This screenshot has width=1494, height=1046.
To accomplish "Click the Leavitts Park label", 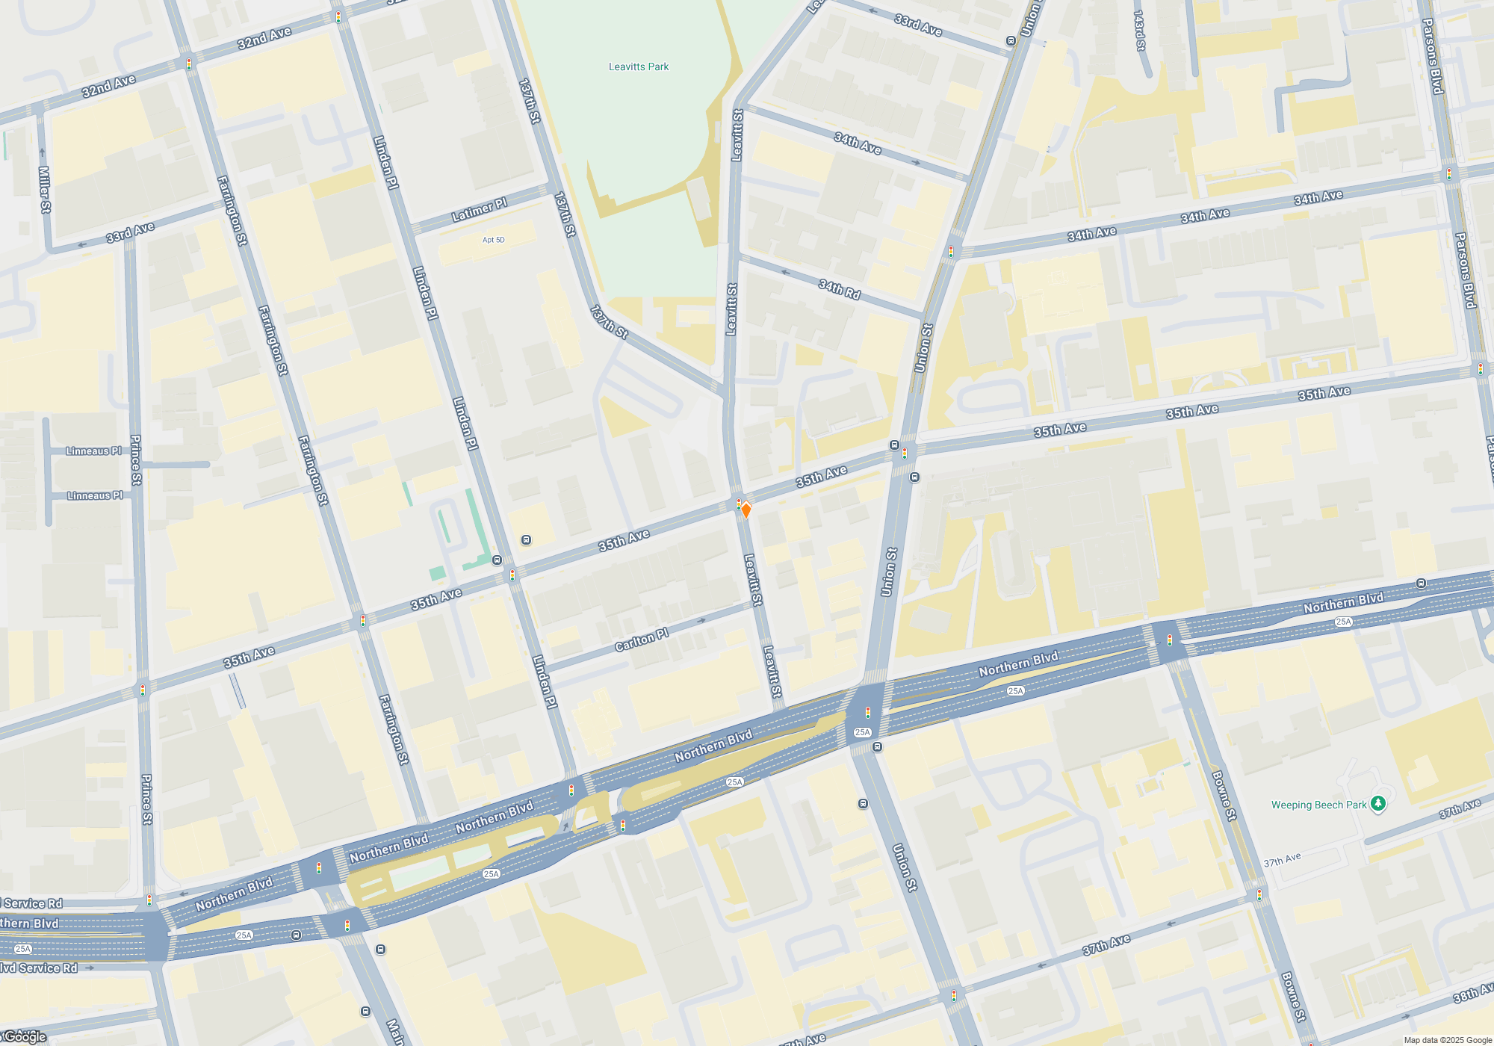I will pos(639,66).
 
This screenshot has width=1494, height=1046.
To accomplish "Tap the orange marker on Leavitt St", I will pos(746,510).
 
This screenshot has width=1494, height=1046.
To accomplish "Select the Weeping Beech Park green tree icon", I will pos(1378,804).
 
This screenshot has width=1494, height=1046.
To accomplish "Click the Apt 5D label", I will pos(493,240).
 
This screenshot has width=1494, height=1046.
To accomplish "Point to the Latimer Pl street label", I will pos(480,211).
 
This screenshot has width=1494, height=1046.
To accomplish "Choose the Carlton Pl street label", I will pos(642,640).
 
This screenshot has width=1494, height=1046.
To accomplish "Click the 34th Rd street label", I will pos(840,289).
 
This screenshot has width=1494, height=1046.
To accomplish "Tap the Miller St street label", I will pos(44,190).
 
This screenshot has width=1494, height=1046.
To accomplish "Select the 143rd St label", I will pos(1139,31).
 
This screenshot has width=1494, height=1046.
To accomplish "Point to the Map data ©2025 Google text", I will pos(1448,1040).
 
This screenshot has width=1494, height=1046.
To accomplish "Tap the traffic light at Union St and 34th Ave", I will pos(951,252).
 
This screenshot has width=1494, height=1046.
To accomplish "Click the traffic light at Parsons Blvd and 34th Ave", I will pos(1449,174).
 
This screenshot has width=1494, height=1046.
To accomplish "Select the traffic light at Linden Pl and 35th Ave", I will pos(512,575).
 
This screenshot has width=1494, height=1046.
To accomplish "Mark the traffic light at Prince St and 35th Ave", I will pos(143,690).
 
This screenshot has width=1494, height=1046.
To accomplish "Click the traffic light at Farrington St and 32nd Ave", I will pos(189,64).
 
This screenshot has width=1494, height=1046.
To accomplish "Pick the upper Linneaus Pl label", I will pos(93,451).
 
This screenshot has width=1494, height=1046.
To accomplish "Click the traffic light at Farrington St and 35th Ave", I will pos(363,621).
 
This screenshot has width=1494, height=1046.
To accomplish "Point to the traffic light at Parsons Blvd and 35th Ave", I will pos(1481,369).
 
